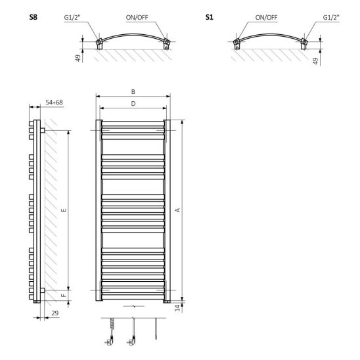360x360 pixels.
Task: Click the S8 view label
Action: point(33,17)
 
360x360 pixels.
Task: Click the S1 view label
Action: point(209,17)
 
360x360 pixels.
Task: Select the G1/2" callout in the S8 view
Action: point(72,18)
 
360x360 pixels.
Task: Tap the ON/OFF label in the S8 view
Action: point(137,18)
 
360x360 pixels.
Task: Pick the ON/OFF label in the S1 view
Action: point(266,18)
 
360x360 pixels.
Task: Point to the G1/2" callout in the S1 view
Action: point(331,18)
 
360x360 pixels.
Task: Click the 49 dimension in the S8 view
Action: point(78,58)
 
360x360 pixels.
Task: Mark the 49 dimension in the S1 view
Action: point(316,61)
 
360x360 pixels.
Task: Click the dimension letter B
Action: point(133,92)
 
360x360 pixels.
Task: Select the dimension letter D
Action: point(133,104)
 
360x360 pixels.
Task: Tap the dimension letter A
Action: point(178,210)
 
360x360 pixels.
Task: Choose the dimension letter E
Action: point(64,210)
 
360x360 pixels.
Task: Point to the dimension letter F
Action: point(64,295)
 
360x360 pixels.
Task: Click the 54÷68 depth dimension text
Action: point(54,102)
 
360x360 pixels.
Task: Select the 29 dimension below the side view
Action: point(55,313)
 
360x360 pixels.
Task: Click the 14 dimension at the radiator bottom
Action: point(178,308)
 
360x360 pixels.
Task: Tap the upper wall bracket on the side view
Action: point(43,130)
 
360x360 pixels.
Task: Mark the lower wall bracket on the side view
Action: point(43,290)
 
